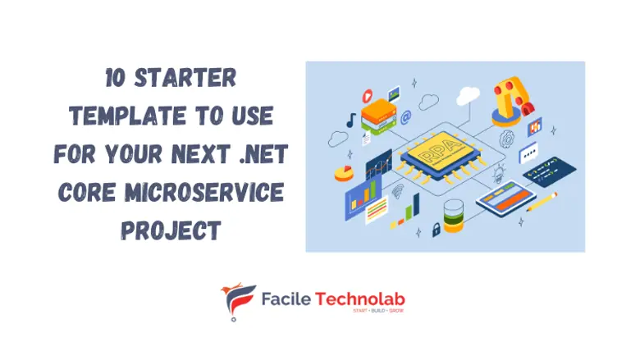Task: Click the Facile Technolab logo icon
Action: (239, 302)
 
